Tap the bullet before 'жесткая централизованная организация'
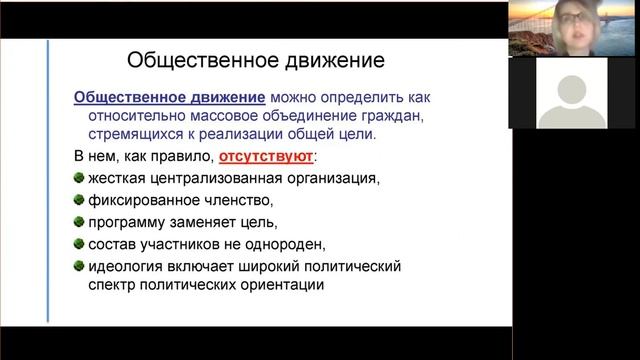click(x=79, y=178)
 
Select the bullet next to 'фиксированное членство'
click(x=79, y=200)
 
